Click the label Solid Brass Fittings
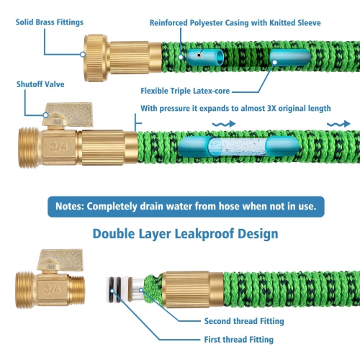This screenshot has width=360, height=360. point(50,22)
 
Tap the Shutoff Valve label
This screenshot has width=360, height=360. point(40,84)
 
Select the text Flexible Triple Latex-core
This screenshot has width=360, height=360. point(185,91)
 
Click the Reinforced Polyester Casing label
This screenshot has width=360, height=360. point(235,23)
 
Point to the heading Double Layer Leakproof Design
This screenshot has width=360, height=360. point(186,234)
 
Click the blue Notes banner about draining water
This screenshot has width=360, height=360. point(186,207)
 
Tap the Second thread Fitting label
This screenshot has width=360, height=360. point(244,321)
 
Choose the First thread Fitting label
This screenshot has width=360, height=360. point(239,340)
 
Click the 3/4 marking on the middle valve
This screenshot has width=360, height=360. point(59,147)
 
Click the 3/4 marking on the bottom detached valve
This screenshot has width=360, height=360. point(52,289)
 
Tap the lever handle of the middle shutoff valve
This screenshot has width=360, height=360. point(68,114)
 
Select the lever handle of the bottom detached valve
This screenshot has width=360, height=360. point(60,260)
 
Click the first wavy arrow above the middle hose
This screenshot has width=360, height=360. point(224,124)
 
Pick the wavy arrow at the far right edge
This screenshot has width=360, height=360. point(338,124)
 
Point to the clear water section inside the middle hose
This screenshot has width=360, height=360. point(238,147)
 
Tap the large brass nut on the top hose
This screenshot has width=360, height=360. point(96,58)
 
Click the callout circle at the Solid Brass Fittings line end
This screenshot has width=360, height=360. point(83,55)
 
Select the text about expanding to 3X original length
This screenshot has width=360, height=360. point(235,109)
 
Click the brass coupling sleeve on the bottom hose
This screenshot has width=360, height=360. point(193,289)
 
